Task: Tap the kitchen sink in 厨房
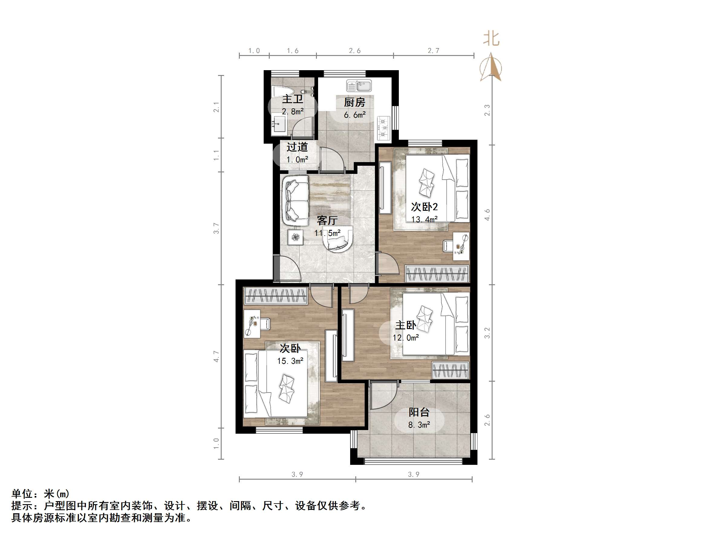click(359, 86)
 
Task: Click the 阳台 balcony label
click(419, 412)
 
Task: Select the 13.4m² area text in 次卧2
click(424, 219)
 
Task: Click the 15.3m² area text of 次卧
click(290, 361)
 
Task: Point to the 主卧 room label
click(405, 325)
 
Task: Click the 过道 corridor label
click(297, 147)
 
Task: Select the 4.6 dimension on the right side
click(487, 215)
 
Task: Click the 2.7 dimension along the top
click(433, 51)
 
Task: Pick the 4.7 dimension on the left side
click(216, 356)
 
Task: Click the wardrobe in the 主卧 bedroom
click(450, 370)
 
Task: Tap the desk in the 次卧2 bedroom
click(461, 246)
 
